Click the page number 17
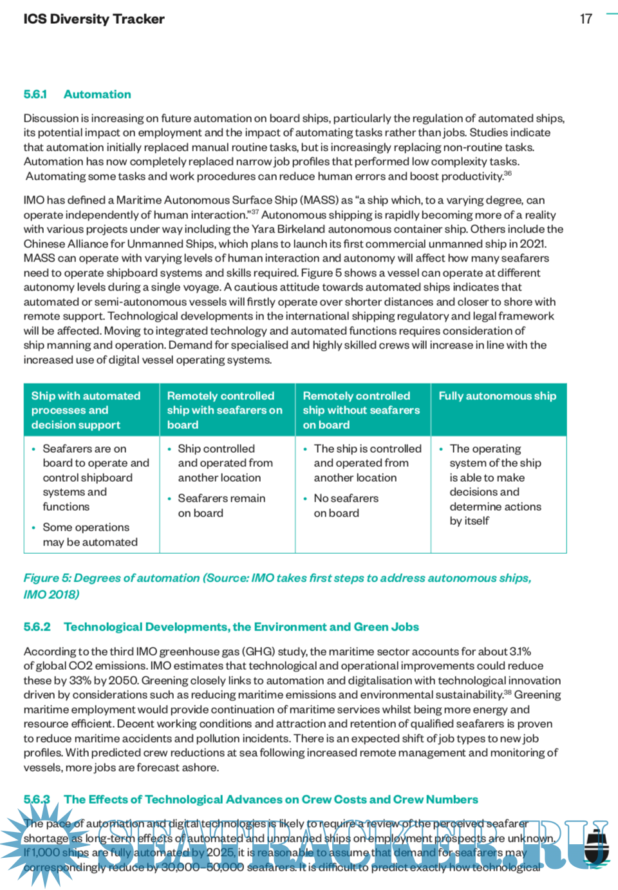[x=586, y=19]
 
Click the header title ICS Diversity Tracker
[x=94, y=19]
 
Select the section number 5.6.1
[x=35, y=95]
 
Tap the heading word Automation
[x=97, y=95]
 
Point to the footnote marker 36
[x=508, y=173]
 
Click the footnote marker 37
[x=255, y=212]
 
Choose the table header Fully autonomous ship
[x=497, y=396]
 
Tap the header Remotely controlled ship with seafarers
[x=225, y=410]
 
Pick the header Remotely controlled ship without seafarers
[x=361, y=410]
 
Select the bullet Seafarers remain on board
[x=221, y=506]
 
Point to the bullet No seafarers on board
[x=346, y=506]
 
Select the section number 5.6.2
[x=37, y=627]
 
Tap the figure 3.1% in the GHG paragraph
[x=520, y=652]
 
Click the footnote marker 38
[x=507, y=693]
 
